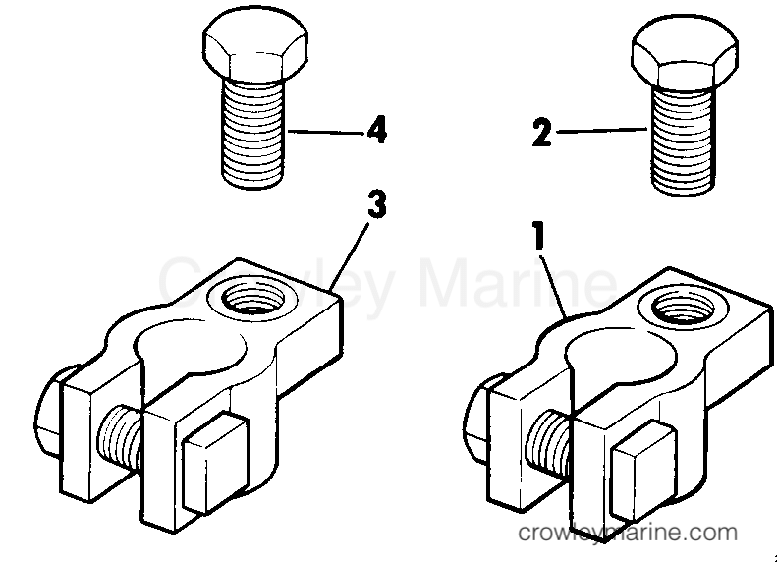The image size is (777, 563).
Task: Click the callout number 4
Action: pyautogui.click(x=377, y=131)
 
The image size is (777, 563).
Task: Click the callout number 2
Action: pyautogui.click(x=541, y=133)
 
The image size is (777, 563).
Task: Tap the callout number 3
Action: pyautogui.click(x=377, y=204)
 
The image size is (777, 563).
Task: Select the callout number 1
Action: pyautogui.click(x=539, y=236)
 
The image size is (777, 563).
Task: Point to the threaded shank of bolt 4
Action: pyautogui.click(x=252, y=134)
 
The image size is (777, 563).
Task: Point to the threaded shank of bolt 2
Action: pyautogui.click(x=683, y=141)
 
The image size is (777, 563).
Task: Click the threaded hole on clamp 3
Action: pyautogui.click(x=252, y=299)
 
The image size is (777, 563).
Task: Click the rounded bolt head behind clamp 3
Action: pyautogui.click(x=47, y=412)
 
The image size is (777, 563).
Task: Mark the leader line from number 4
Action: pyautogui.click(x=326, y=133)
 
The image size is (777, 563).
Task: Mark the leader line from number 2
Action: pyautogui.click(x=602, y=131)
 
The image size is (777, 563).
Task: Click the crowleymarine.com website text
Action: pyautogui.click(x=628, y=533)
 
